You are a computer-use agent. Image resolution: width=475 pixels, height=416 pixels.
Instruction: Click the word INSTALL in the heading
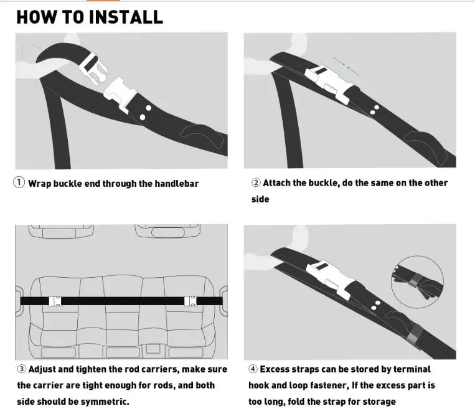(x=126, y=17)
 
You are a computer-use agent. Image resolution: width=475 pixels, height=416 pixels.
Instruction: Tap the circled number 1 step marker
(x=19, y=182)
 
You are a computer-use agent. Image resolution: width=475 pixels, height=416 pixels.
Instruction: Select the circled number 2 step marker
(x=256, y=182)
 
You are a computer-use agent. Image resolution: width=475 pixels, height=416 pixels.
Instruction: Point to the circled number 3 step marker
(x=22, y=369)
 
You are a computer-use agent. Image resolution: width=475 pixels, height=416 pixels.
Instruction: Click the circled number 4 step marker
(x=253, y=369)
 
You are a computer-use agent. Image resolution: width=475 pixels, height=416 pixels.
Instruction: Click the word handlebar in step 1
(x=177, y=184)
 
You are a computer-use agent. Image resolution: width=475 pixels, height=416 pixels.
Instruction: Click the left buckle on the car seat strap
(x=55, y=301)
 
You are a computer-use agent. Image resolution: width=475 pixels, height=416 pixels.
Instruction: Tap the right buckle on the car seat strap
(x=190, y=301)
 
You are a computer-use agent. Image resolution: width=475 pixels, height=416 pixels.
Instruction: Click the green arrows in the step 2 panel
(x=346, y=66)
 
